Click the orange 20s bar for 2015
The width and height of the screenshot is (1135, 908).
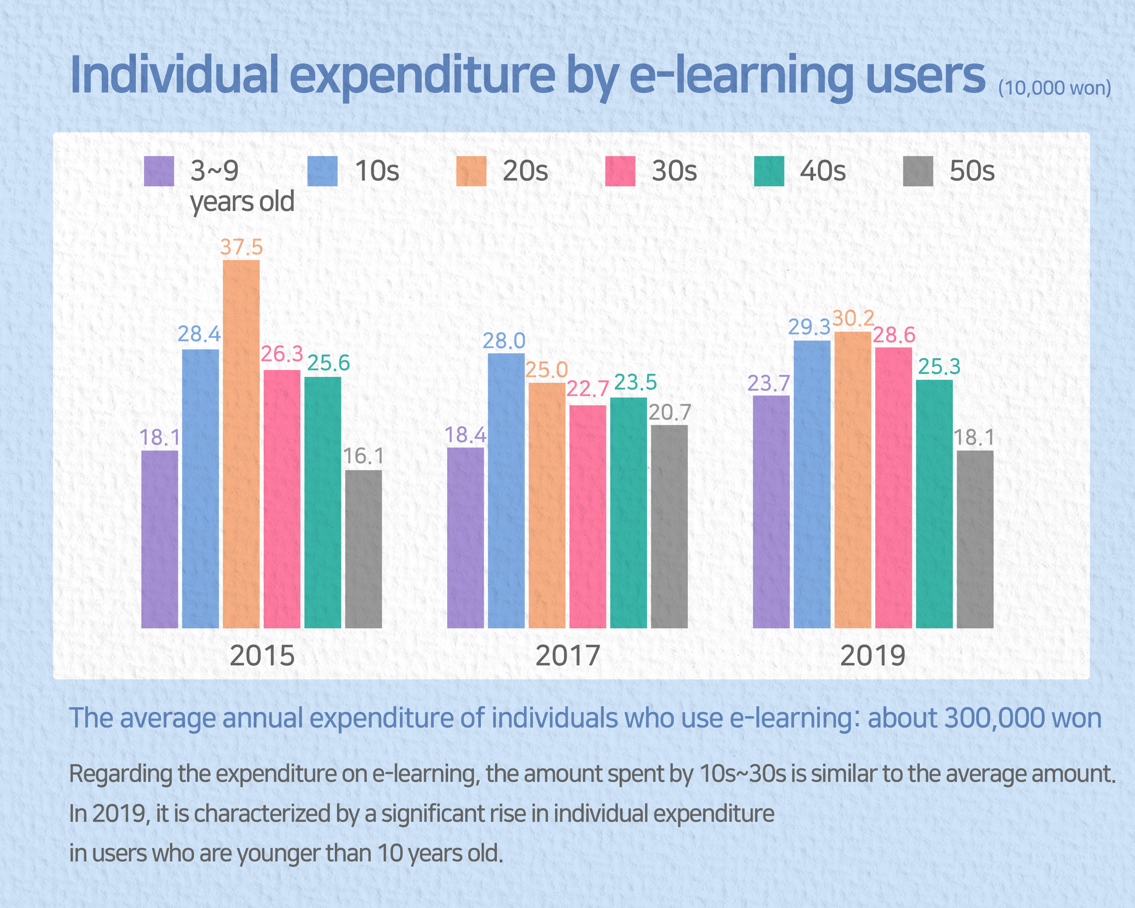pyautogui.click(x=241, y=444)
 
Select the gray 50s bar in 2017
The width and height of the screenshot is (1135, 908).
pyautogui.click(x=669, y=526)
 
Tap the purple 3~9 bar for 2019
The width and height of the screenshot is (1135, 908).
pyautogui.click(x=771, y=512)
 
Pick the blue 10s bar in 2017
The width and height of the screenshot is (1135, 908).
pyautogui.click(x=506, y=491)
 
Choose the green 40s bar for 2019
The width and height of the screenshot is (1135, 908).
pyautogui.click(x=935, y=504)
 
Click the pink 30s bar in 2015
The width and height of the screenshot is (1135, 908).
pyautogui.click(x=281, y=499)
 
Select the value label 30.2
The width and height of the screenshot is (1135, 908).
pyautogui.click(x=853, y=319)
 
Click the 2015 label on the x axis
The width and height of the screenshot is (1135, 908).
pyautogui.click(x=262, y=656)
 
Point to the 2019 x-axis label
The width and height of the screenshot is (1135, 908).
pyautogui.click(x=872, y=656)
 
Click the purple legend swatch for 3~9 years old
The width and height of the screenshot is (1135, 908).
pyautogui.click(x=159, y=171)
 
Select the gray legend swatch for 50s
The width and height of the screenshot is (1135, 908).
pyautogui.click(x=918, y=171)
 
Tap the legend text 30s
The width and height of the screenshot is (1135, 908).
pyautogui.click(x=674, y=171)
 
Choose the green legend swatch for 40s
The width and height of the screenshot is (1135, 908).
pyautogui.click(x=769, y=171)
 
